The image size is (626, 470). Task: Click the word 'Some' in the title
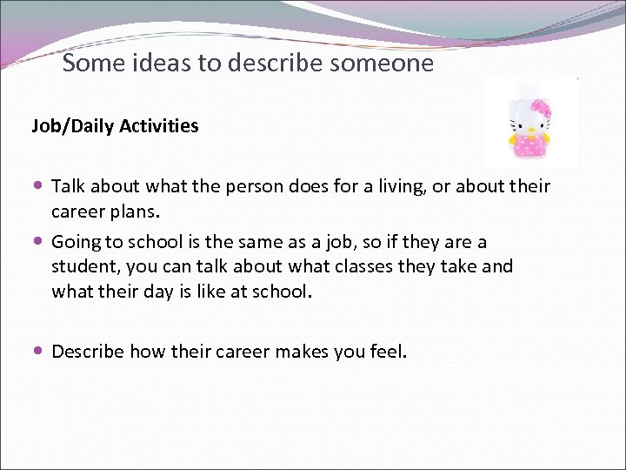point(89,64)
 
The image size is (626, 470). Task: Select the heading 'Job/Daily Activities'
point(115,126)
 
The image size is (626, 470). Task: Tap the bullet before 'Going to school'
point(41,241)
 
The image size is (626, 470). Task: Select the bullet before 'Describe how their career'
point(41,352)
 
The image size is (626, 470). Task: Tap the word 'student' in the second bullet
point(83,266)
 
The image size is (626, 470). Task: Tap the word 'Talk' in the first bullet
point(70,187)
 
